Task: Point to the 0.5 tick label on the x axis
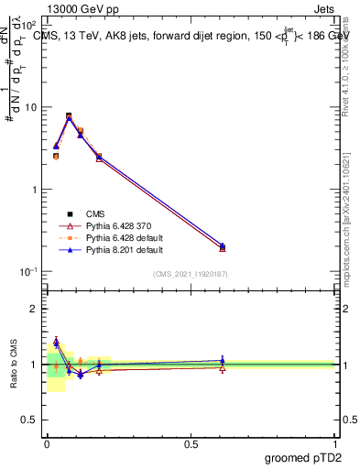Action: point(191,442)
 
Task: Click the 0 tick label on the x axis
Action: point(47,442)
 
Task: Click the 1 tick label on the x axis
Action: point(336,442)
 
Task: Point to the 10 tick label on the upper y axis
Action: point(31,107)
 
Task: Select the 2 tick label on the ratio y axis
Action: point(36,309)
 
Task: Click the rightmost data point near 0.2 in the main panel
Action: point(223,246)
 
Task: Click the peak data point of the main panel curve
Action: point(69,116)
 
